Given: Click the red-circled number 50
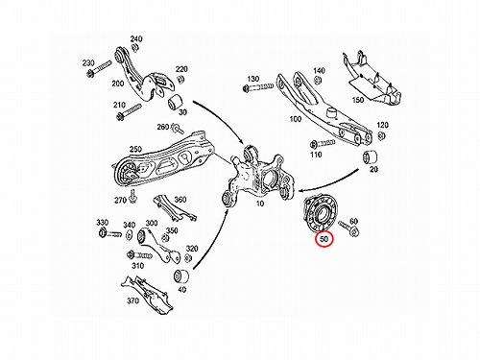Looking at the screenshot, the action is (324, 239).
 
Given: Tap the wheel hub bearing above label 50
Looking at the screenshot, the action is (319, 213).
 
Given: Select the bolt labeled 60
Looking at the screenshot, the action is (348, 228).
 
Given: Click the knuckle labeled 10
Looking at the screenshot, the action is (256, 175).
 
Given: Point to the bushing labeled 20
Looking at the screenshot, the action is (370, 157).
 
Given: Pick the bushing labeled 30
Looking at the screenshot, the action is (175, 102).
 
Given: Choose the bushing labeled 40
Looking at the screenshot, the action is (181, 276).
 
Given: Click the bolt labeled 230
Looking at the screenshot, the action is (99, 69).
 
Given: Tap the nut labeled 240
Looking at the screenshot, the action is (134, 47).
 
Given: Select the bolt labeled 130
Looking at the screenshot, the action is (258, 87).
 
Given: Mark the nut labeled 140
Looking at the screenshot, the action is (318, 80).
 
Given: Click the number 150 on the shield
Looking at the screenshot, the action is (358, 100).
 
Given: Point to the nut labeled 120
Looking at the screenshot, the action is (381, 135).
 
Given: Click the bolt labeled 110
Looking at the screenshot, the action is (323, 143).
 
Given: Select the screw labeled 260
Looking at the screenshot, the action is (177, 128).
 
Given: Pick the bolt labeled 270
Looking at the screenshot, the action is (132, 197).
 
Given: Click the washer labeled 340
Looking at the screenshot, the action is (130, 235).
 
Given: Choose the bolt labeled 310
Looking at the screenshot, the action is (140, 255).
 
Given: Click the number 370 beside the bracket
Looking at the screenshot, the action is (132, 300).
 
